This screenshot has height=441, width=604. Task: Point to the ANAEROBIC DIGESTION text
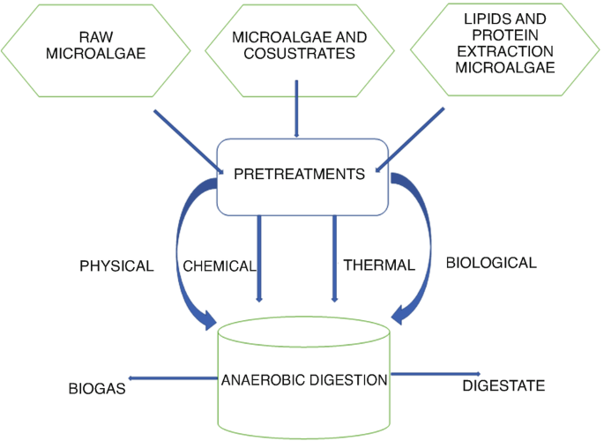(x=304, y=380)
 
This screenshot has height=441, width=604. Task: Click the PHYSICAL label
(x=116, y=265)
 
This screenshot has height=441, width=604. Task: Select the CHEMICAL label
(x=219, y=265)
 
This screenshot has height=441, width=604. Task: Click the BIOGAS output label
(x=97, y=387)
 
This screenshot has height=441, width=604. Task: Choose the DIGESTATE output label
(x=503, y=385)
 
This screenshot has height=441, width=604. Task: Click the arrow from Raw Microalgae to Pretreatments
(x=190, y=138)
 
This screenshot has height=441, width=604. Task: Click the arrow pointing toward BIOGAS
(x=172, y=377)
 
